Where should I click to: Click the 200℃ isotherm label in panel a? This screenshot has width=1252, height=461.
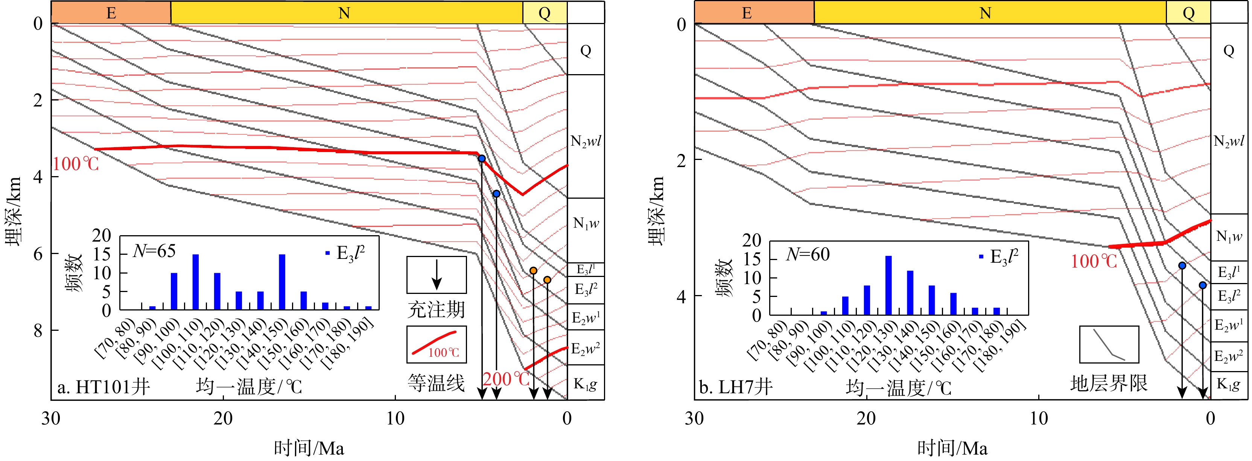506,379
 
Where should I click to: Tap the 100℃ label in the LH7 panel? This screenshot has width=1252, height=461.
1094,262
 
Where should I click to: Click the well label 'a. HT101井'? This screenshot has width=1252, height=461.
103,387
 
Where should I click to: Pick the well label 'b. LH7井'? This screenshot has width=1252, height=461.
735,387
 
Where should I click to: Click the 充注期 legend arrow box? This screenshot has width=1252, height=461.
437,275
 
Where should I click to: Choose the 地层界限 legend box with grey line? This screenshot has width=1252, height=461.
1109,344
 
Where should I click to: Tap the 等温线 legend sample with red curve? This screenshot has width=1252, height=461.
437,344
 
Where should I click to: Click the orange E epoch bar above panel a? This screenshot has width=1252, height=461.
111,13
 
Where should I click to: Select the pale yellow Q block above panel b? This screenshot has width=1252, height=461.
1188,13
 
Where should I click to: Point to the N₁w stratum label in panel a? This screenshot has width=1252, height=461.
586,223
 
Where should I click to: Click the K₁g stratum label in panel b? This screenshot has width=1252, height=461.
1229,384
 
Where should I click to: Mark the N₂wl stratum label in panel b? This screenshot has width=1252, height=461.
1229,141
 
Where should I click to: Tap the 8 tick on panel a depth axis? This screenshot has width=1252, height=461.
38,331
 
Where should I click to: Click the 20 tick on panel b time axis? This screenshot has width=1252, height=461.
867,418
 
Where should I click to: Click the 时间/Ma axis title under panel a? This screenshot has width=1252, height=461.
309,448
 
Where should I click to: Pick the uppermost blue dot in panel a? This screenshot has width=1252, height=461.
482,158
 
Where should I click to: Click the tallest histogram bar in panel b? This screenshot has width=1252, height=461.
888,286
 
